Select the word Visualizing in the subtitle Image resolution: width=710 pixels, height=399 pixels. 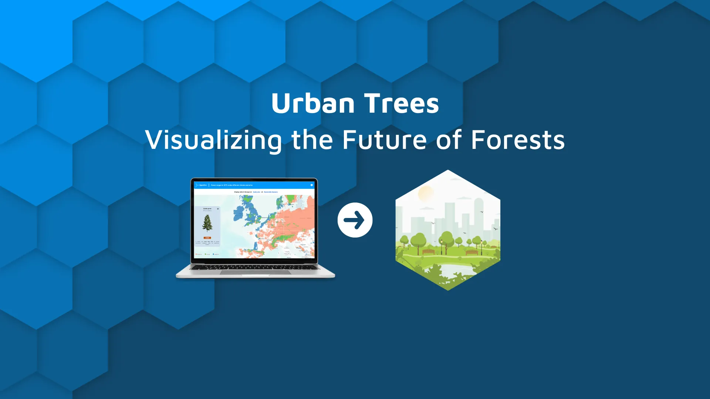[x=213, y=140]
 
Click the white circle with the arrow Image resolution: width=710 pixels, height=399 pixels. [x=355, y=220]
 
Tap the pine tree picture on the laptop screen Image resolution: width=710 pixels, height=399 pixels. [x=207, y=223]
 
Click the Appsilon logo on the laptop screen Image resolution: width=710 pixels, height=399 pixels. [x=201, y=185]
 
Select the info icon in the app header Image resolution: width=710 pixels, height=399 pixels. [x=312, y=185]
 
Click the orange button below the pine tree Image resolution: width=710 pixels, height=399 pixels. [x=207, y=238]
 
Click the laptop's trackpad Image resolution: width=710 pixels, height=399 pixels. [x=255, y=272]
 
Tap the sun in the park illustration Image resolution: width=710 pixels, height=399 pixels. [x=426, y=193]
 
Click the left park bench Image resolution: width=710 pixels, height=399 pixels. [x=429, y=252]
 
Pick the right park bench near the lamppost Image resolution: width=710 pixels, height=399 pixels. [x=471, y=252]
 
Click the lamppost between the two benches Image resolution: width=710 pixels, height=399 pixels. [x=441, y=247]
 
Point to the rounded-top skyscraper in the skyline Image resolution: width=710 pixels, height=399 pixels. [x=479, y=214]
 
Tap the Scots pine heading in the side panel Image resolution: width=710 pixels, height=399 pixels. [x=207, y=209]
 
